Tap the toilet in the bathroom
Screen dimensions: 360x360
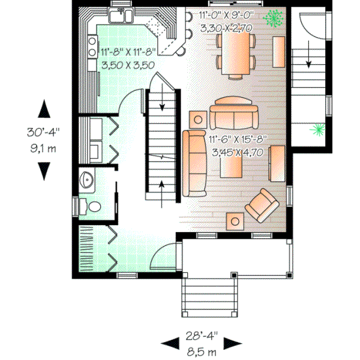[94, 206]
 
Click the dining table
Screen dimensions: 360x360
[235, 53]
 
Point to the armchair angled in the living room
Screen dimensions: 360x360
[262, 204]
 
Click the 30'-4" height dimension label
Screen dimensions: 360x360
[43, 131]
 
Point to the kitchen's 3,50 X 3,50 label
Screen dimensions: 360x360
[128, 65]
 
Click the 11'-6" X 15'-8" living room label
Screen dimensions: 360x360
[238, 140]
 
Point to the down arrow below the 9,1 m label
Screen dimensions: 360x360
[43, 170]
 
